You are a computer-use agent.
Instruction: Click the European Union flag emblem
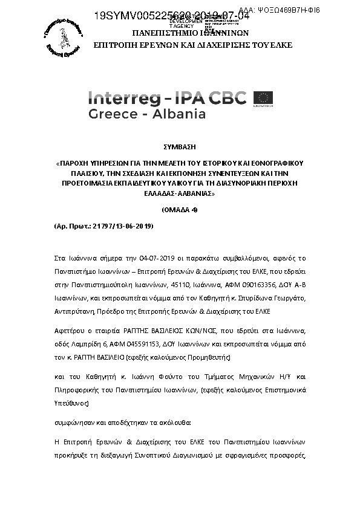[x=263, y=97]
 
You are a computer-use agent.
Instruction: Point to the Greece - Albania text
[x=147, y=114]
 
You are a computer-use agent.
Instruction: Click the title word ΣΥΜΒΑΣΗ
[x=180, y=146]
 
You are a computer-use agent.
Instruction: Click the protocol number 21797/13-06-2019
[x=120, y=225]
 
